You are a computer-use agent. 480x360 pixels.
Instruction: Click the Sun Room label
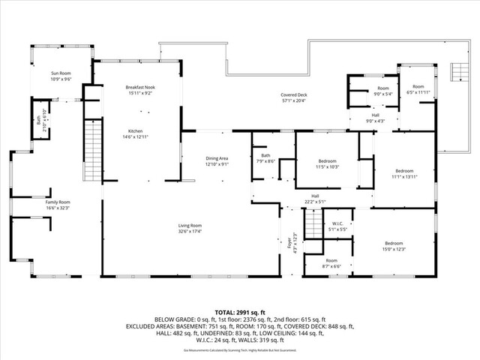61,76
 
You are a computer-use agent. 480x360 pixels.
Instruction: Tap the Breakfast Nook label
140,91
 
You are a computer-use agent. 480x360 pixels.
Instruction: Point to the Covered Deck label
294,97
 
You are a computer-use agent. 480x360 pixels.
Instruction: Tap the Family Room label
58,205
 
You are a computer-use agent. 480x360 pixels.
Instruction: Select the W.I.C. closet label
337,226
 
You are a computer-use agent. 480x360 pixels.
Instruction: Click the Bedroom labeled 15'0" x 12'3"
394,246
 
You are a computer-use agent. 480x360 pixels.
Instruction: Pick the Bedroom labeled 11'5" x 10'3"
327,163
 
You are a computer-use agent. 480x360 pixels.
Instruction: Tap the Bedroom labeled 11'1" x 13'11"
404,173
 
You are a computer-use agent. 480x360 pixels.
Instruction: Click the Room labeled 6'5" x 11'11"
418,89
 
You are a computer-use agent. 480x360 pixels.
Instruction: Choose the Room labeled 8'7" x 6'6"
331,263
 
